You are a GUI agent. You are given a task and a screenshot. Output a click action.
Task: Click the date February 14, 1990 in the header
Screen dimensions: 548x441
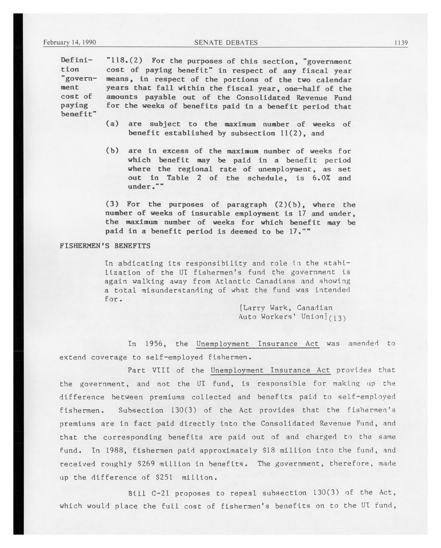[69, 42]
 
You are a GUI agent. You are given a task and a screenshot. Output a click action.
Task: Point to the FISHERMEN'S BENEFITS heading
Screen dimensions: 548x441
[105, 246]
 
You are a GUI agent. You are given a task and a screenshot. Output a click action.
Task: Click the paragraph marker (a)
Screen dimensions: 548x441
[112, 124]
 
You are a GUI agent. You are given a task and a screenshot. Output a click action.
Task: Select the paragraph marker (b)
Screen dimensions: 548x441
[112, 151]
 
